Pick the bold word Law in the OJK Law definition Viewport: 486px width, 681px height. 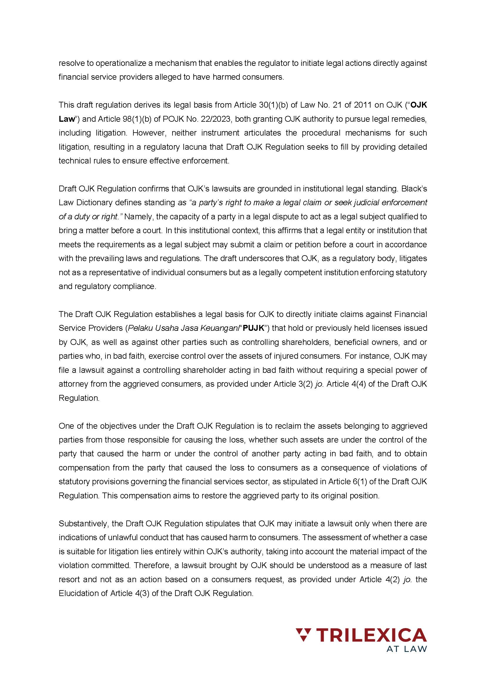(x=66, y=119)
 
